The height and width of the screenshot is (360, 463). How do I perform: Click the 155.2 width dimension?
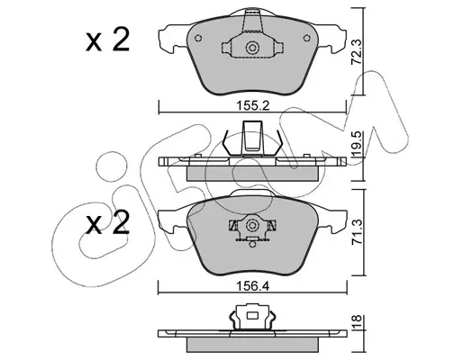[x=253, y=106]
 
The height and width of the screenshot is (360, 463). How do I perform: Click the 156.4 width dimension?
[x=253, y=286]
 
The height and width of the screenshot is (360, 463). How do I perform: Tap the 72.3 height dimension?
[x=357, y=53]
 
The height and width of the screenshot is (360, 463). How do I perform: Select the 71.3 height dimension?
[x=358, y=232]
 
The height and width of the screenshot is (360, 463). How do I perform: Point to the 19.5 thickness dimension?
[x=358, y=144]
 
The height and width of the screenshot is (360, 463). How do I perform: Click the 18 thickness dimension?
[x=358, y=322]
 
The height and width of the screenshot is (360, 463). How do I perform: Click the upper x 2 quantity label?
[x=107, y=40]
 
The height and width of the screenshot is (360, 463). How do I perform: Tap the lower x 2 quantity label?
[x=107, y=222]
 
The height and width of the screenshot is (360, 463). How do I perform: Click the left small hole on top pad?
[x=198, y=38]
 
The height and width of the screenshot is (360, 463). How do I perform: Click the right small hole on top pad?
[x=307, y=38]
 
